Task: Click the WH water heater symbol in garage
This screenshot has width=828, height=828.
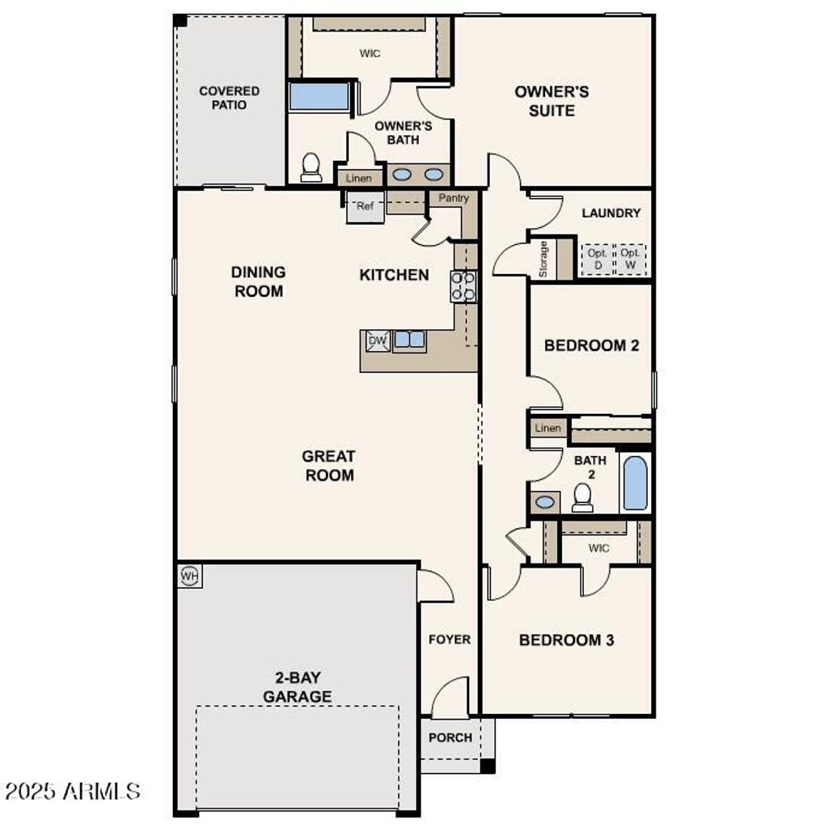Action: point(189,576)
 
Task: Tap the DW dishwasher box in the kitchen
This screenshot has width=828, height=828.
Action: point(378,340)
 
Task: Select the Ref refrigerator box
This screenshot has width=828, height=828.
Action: point(365,207)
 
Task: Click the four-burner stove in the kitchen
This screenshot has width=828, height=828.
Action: point(463,286)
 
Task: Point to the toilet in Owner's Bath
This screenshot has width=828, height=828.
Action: point(310,167)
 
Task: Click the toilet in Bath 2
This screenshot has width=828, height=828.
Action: point(582,497)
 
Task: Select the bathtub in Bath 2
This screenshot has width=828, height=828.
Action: point(636,483)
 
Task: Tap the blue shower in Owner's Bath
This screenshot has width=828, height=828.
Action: point(319,96)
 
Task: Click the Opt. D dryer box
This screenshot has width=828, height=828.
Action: point(598,260)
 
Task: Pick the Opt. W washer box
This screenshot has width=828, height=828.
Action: point(631,260)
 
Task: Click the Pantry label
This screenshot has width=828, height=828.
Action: point(454,198)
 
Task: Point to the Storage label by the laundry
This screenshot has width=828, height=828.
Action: point(543,259)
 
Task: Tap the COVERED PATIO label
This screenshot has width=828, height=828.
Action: point(230,98)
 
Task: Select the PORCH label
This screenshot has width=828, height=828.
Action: point(450,737)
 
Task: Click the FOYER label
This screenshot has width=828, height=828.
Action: point(450,640)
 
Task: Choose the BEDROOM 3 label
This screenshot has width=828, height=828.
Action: point(566,640)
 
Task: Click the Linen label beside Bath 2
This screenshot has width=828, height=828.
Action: point(547,428)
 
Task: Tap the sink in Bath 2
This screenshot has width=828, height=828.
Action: point(545,502)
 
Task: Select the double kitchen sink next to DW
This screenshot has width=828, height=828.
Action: point(409,340)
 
